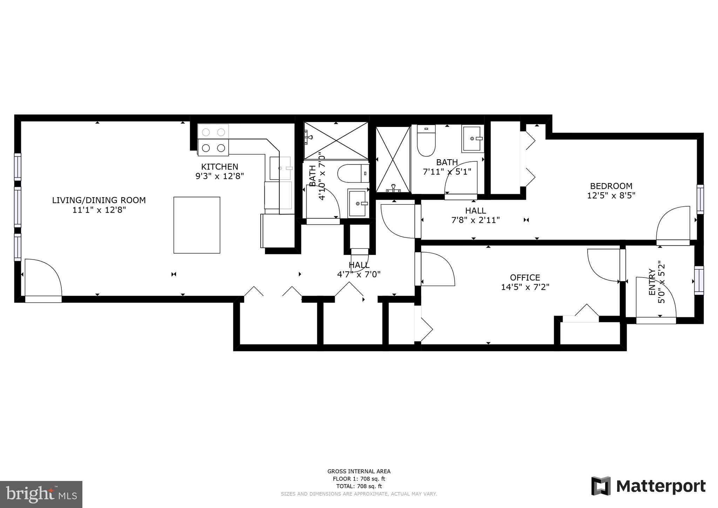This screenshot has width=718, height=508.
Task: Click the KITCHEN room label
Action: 219,167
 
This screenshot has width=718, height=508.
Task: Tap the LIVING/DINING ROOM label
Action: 99,200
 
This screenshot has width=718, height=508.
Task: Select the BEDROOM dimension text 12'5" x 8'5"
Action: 611,195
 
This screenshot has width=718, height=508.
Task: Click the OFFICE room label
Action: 525,278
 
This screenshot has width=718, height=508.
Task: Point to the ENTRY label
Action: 652,282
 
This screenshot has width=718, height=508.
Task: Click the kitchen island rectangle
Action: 197,225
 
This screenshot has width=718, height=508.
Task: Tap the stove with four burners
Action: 213,140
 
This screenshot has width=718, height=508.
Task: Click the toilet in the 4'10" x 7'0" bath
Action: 353,173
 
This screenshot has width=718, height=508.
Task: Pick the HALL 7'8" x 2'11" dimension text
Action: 475,220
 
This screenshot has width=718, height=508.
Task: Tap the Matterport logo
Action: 648,486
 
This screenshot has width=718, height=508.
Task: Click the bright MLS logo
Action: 41,494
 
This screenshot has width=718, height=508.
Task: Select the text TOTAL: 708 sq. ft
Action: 359,486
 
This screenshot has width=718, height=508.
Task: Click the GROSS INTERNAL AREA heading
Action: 359,472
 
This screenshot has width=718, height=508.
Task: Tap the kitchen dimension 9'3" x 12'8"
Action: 219,176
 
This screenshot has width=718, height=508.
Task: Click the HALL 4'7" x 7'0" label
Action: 359,269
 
